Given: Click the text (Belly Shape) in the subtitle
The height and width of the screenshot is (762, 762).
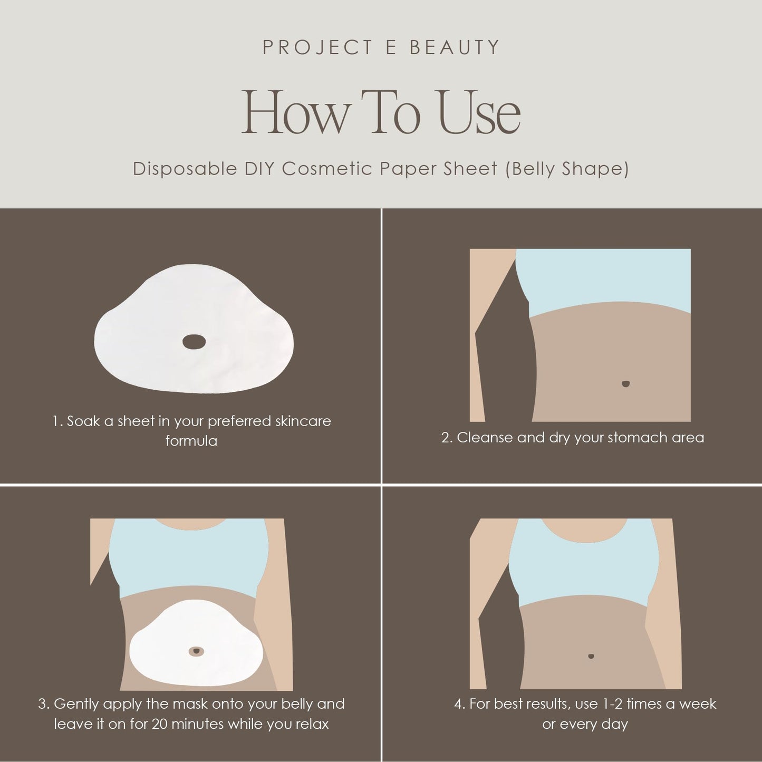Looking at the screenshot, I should tap(567, 169).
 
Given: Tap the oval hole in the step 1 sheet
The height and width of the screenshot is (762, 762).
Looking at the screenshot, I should tap(195, 342).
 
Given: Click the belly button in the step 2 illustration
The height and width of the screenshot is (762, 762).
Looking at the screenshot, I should tap(625, 384).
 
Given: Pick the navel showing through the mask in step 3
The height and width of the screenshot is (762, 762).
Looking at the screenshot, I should tap(196, 651).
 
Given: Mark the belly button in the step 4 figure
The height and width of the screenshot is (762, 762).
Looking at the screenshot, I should tap(591, 656).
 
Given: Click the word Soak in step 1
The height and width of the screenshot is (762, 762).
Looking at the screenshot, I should tap(83, 421).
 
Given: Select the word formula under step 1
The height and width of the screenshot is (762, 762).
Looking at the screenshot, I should tap(191, 441).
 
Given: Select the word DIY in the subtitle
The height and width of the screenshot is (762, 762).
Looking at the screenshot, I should tap(258, 169).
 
